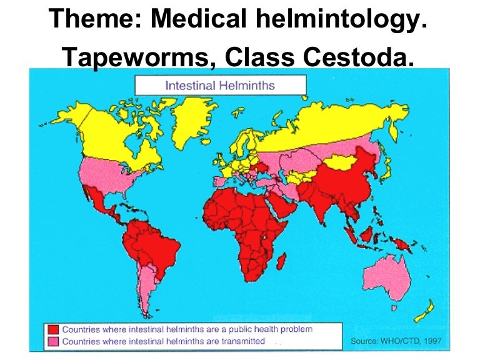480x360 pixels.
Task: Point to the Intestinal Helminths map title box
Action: [x=221, y=84]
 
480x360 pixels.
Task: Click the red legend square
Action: [x=52, y=329]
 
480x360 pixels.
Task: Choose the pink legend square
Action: [x=52, y=341]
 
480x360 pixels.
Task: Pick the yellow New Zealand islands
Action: [x=424, y=310]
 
